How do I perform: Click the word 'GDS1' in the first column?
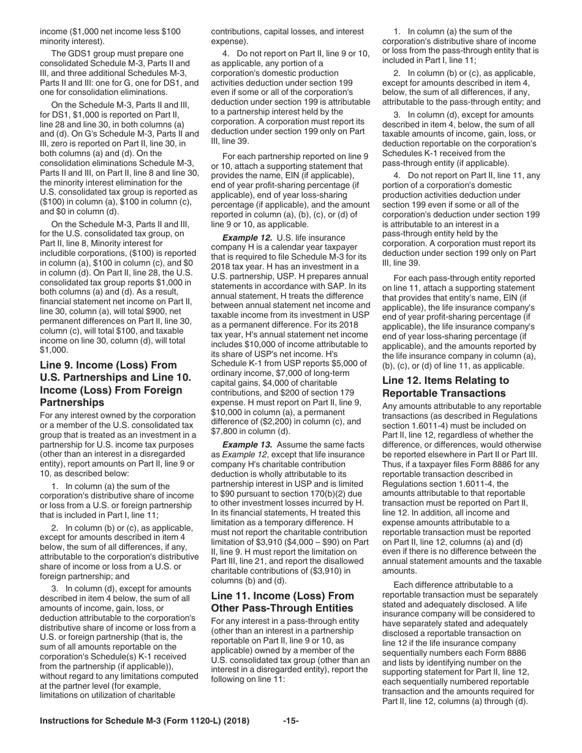point(80,54)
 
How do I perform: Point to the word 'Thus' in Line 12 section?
point(392,445)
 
